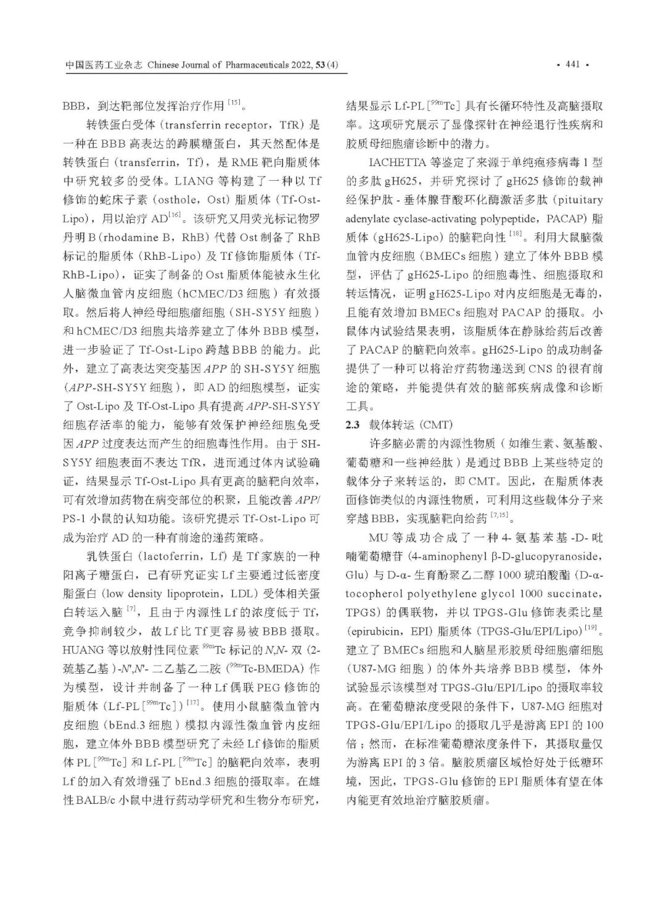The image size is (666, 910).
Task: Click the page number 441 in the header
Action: pos(572,65)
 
